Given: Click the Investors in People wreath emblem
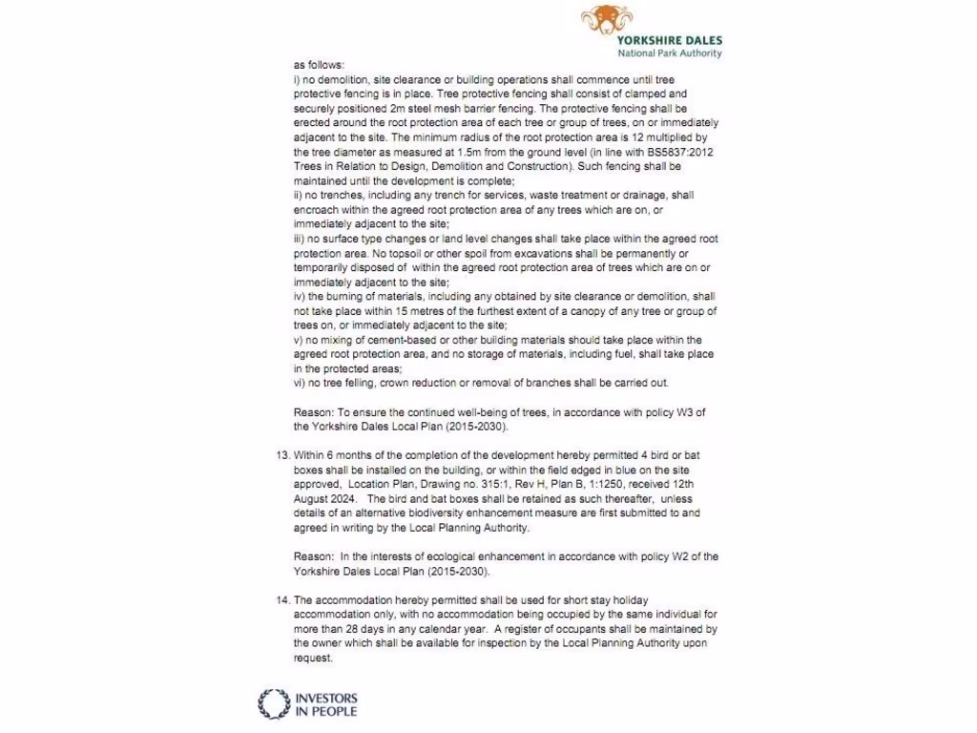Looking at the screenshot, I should [x=274, y=703].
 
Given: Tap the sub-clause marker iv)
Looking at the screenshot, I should [x=300, y=297].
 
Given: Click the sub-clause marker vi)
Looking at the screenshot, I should [x=300, y=383].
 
